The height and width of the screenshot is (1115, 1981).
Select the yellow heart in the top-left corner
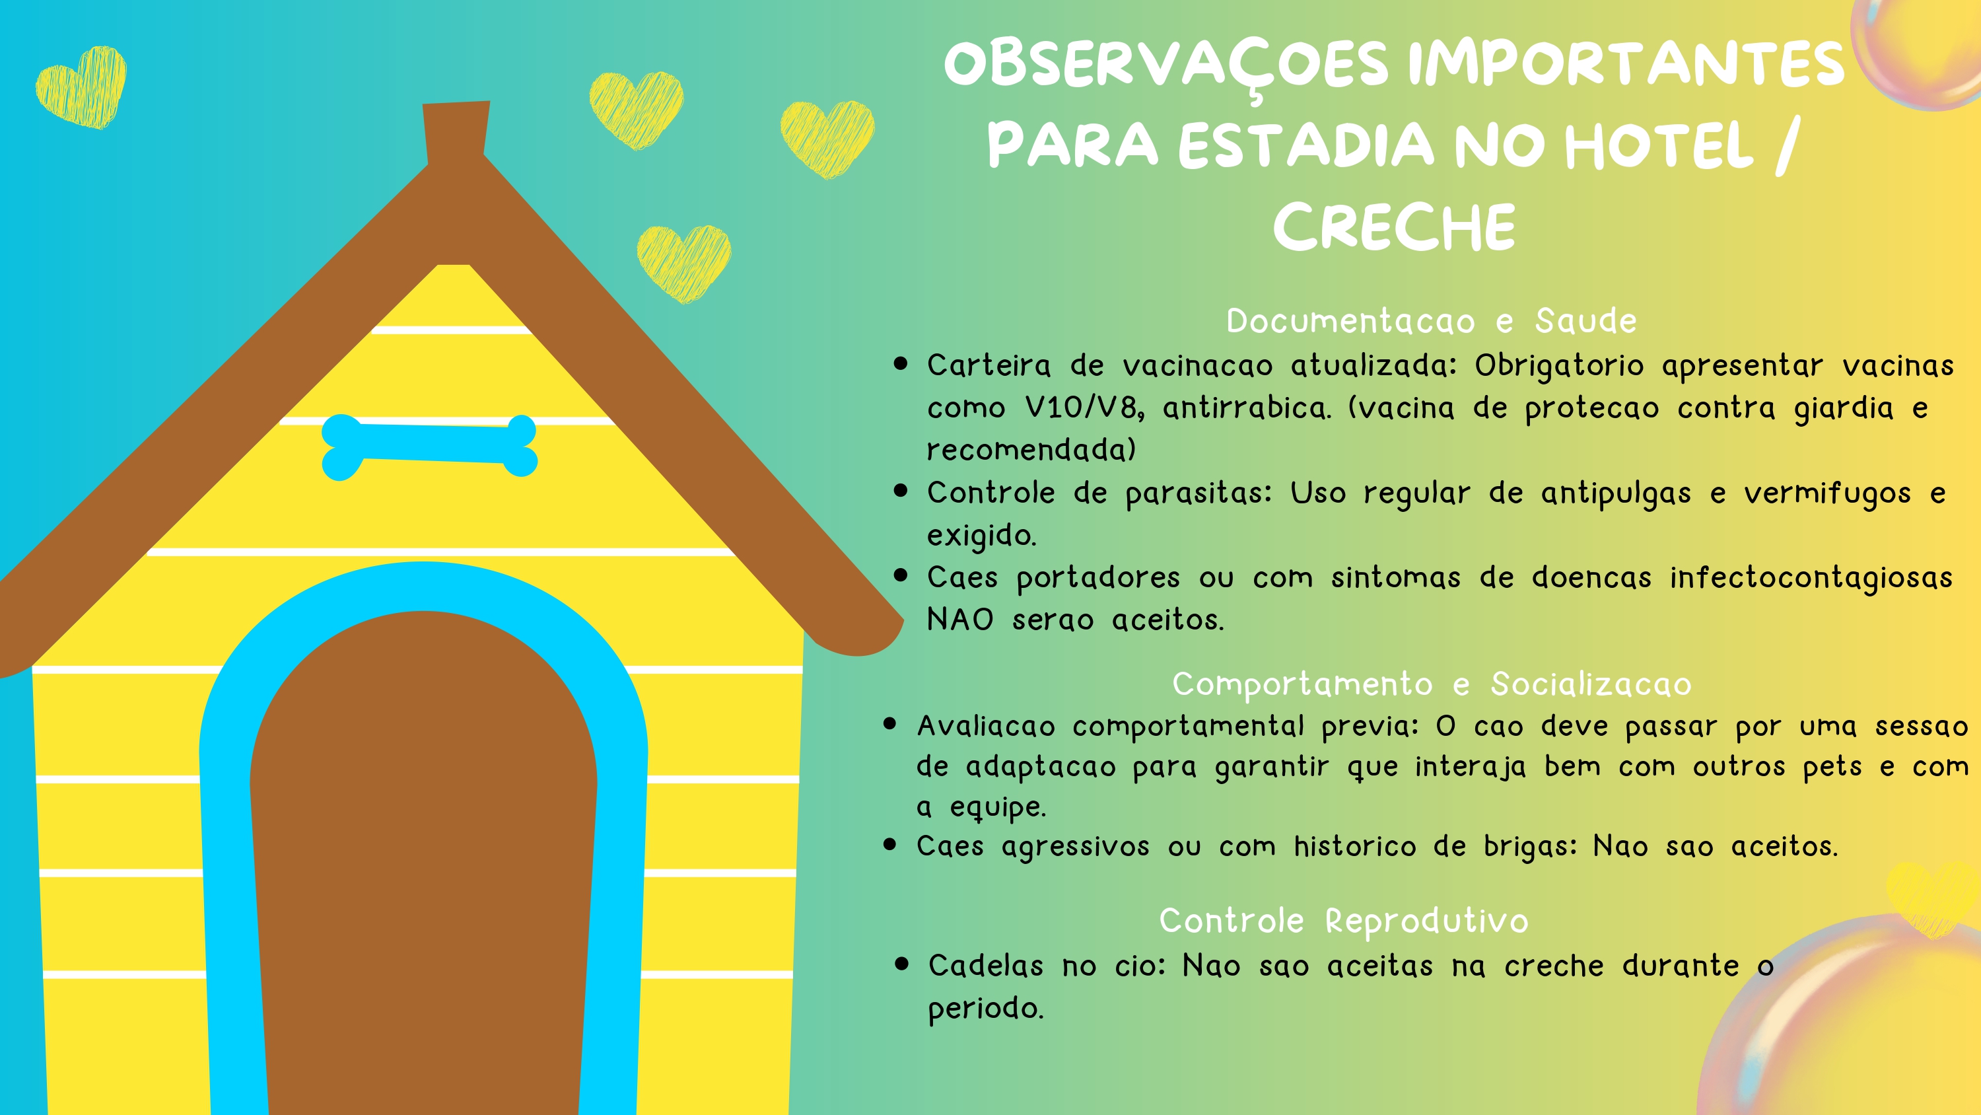click(x=81, y=86)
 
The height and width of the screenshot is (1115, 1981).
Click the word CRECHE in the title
click(x=1393, y=227)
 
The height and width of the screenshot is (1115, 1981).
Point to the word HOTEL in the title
click(x=1659, y=145)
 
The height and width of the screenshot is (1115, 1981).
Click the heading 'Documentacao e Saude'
click(x=1431, y=321)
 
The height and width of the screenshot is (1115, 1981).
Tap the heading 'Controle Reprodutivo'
click(x=1344, y=921)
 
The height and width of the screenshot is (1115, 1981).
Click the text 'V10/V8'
click(x=1084, y=408)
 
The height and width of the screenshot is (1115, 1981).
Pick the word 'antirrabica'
click(x=1246, y=408)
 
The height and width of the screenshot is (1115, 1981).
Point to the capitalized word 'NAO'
click(x=959, y=620)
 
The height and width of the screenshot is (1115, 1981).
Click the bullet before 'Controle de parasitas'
click(x=901, y=491)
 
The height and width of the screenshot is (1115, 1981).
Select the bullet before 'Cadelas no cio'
click(x=902, y=964)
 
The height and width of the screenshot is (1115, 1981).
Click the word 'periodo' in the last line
click(x=985, y=1009)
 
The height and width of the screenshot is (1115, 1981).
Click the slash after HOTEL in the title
click(x=1788, y=145)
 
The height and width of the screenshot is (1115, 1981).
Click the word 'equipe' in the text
click(x=997, y=807)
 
